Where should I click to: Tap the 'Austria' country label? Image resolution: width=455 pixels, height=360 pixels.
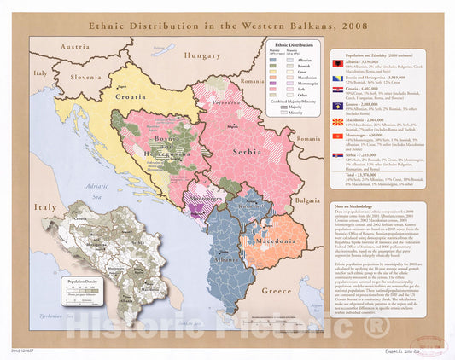coord(75,47)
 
